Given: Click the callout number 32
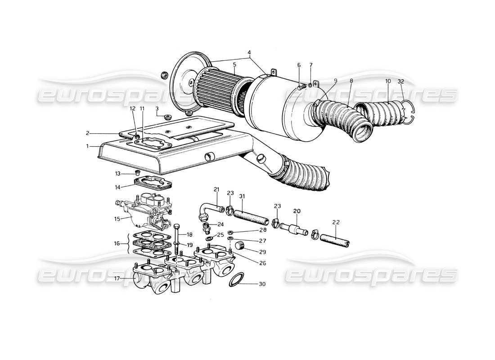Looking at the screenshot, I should pyautogui.click(x=401, y=82).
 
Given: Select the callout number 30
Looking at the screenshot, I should pyautogui.click(x=262, y=284).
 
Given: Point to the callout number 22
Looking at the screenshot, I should pyautogui.click(x=336, y=222).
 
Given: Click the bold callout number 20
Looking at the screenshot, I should pyautogui.click(x=297, y=210).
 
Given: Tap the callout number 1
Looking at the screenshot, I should pyautogui.click(x=89, y=146).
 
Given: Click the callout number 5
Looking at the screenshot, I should pyautogui.click(x=234, y=65).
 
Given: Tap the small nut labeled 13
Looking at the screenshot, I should pyautogui.click(x=138, y=173).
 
